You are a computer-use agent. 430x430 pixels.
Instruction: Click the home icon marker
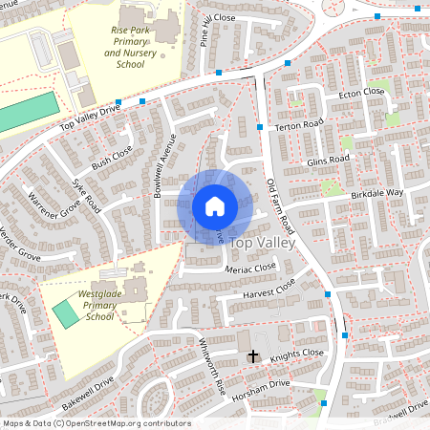coord(215,205)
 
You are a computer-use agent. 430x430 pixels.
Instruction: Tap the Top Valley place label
coord(263,244)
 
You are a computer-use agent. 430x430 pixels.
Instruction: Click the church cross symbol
coord(253,356)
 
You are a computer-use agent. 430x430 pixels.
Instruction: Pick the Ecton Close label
coord(360,92)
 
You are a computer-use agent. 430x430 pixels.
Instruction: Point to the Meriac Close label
coord(249,269)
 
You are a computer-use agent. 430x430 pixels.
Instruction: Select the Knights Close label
coord(296,355)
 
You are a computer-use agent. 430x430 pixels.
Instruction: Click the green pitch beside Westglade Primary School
coord(67,312)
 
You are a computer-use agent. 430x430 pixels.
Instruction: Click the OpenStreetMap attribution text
coord(97,423)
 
